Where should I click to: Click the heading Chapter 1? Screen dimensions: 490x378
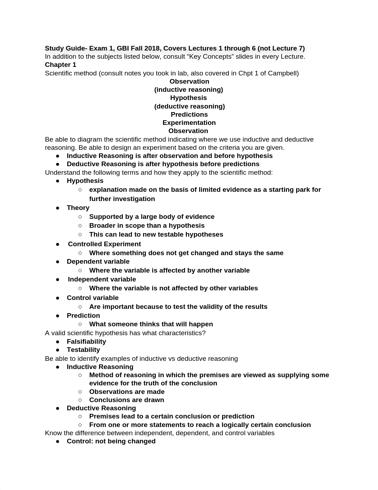[x=61, y=65]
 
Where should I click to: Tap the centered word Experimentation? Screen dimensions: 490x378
[x=189, y=123]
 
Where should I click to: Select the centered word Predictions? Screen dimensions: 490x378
[x=189, y=115]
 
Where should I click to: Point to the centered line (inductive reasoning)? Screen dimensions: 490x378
[x=189, y=90]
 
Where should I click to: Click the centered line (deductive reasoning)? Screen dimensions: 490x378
[x=189, y=106]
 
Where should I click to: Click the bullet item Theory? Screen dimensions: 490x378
[x=78, y=208]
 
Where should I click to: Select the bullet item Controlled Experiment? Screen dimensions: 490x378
[x=104, y=244]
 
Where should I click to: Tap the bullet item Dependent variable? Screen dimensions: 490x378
[x=98, y=262]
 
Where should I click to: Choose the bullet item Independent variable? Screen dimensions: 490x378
[x=102, y=279]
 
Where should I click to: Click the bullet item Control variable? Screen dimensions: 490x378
[x=93, y=298]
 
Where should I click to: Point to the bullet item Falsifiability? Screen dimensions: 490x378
[x=86, y=342]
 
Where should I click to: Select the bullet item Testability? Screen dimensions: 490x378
[x=83, y=350]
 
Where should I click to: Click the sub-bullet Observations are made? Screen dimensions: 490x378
[x=127, y=392]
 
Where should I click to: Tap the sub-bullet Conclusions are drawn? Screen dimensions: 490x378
[x=127, y=400]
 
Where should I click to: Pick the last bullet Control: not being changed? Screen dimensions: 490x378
[x=111, y=441]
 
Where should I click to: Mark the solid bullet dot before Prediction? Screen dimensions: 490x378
[x=58, y=316]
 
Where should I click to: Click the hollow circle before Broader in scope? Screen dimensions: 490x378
[x=80, y=226]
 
